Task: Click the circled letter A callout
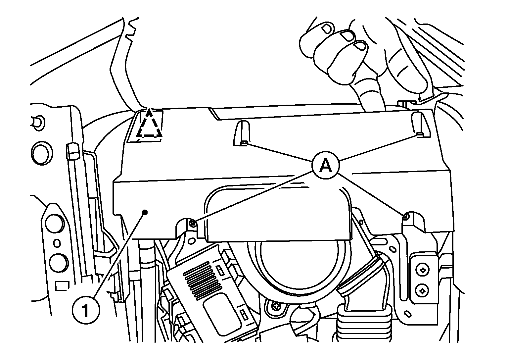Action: click(326, 165)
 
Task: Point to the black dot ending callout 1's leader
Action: click(145, 212)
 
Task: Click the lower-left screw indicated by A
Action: click(193, 223)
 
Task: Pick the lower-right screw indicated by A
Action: click(406, 217)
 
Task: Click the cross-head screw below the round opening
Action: click(276, 306)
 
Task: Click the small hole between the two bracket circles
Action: click(57, 243)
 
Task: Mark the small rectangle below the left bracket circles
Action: click(62, 286)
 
